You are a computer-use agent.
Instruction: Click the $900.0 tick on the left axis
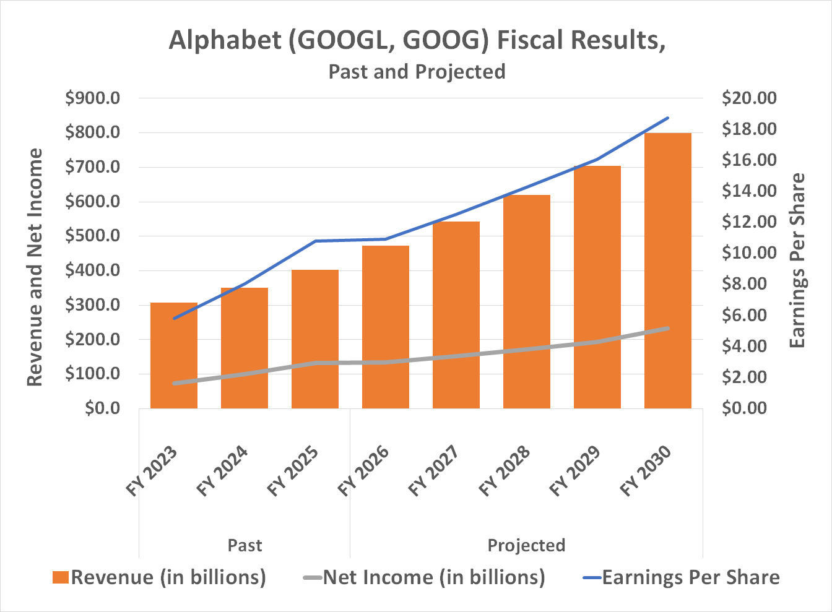93,98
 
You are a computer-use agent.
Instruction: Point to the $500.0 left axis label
93,236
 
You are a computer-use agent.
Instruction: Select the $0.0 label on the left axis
102,408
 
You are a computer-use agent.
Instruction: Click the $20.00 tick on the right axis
749,98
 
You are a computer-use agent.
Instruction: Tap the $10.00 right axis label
749,253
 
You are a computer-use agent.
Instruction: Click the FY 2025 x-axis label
293,471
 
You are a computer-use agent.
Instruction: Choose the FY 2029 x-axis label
576,471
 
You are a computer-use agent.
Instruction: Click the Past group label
245,545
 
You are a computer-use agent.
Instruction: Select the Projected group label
526,545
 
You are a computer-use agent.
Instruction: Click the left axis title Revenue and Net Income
35,267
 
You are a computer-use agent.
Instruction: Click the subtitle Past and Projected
417,72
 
